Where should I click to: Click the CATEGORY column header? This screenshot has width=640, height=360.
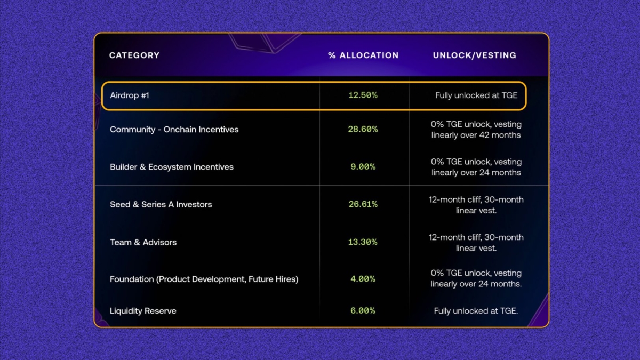pyautogui.click(x=134, y=55)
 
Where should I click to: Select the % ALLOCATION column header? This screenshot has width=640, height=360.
pyautogui.click(x=363, y=55)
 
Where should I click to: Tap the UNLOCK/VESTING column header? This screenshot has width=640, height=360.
pyautogui.click(x=475, y=55)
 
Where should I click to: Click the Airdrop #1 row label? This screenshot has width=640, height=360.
pyautogui.click(x=130, y=96)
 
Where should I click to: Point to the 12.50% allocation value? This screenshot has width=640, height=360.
pyautogui.click(x=363, y=95)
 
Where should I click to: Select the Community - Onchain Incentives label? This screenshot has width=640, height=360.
pyautogui.click(x=174, y=130)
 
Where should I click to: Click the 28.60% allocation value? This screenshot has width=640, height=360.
pyautogui.click(x=363, y=130)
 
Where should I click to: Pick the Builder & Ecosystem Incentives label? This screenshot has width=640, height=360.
pyautogui.click(x=172, y=167)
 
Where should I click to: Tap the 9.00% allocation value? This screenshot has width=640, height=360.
pyautogui.click(x=363, y=167)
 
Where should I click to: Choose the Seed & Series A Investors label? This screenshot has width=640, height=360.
pyautogui.click(x=161, y=204)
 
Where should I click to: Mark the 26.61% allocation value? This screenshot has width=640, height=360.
pyautogui.click(x=363, y=204)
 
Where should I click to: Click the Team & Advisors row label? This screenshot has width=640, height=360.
pyautogui.click(x=143, y=242)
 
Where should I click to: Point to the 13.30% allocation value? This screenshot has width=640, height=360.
pyautogui.click(x=363, y=242)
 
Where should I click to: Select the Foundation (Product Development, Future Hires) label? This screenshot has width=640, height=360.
pyautogui.click(x=204, y=279)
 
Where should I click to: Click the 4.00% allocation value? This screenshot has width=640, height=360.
pyautogui.click(x=363, y=279)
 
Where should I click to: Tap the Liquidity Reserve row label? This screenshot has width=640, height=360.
pyautogui.click(x=143, y=311)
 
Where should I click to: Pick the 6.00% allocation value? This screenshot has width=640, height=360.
pyautogui.click(x=363, y=311)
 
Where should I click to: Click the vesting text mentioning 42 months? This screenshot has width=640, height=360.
pyautogui.click(x=476, y=130)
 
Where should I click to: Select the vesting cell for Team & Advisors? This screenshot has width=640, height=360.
pyautogui.click(x=476, y=243)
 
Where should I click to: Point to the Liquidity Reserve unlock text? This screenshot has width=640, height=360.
pyautogui.click(x=476, y=311)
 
